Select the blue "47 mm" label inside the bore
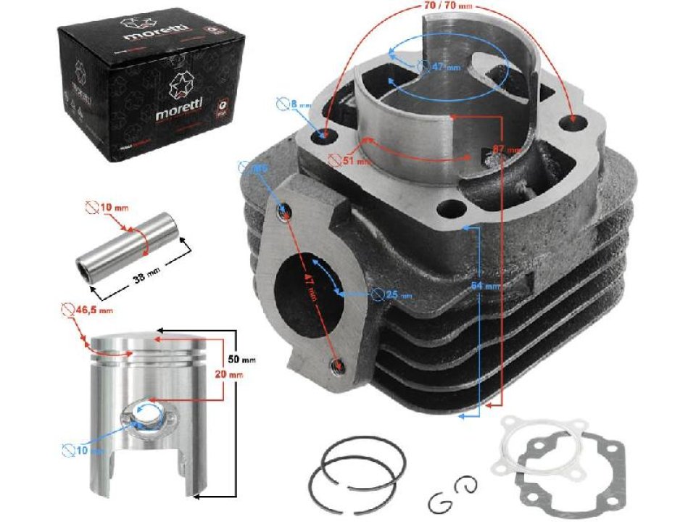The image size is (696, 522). (444, 67)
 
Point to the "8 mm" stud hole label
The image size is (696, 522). (300, 104)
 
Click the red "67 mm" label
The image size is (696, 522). (507, 149)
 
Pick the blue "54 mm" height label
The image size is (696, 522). (486, 286)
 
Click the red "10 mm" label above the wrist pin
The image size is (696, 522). (115, 207)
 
